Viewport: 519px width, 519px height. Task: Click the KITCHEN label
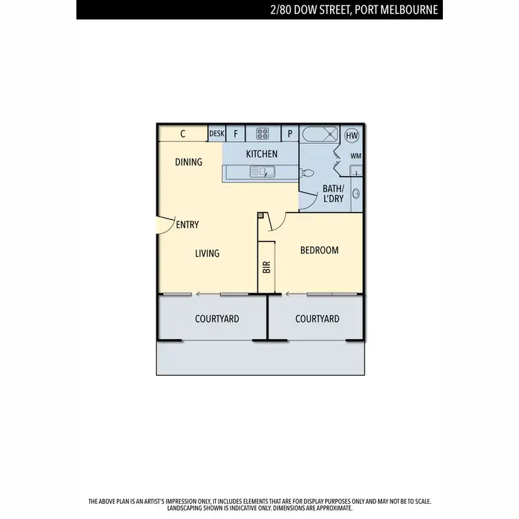[262, 154]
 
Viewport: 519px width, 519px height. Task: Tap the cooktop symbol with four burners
[263, 134]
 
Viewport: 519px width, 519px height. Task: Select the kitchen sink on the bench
[263, 172]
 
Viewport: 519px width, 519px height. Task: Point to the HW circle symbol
[352, 135]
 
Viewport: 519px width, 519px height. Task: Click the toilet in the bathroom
[308, 173]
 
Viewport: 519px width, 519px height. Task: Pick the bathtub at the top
[320, 134]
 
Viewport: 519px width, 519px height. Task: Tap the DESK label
[217, 134]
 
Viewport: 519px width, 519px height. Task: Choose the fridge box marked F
[235, 134]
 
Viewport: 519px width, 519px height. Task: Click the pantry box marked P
[289, 134]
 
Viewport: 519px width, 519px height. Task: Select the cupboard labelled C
[183, 134]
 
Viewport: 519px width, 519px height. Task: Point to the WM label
[355, 156]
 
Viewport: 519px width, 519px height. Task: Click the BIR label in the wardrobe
[266, 266]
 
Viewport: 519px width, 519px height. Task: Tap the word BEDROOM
[319, 250]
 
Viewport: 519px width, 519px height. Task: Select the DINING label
[188, 162]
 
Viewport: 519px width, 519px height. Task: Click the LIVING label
[207, 253]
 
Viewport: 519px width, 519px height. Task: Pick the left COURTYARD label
[217, 318]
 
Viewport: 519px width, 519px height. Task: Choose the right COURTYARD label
[317, 318]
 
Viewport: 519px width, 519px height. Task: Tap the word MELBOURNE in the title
[403, 10]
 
